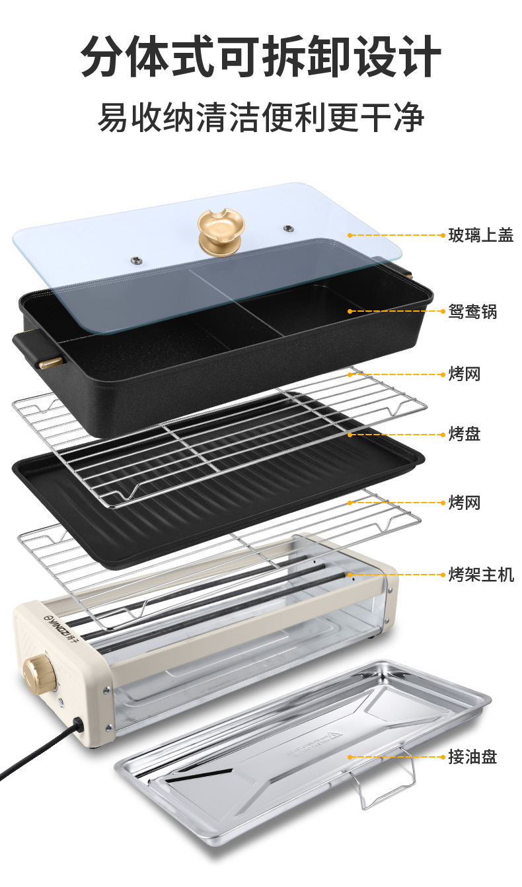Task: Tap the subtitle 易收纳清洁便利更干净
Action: [x=260, y=118]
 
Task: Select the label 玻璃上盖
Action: [x=480, y=234]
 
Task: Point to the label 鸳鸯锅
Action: [x=472, y=311]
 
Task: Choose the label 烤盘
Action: [x=464, y=434]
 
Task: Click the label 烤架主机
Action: [x=480, y=574]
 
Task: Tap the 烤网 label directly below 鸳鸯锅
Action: [x=464, y=374]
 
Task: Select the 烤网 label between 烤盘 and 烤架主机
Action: [x=464, y=503]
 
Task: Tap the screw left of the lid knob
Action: [x=135, y=258]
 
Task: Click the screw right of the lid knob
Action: [x=288, y=229]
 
